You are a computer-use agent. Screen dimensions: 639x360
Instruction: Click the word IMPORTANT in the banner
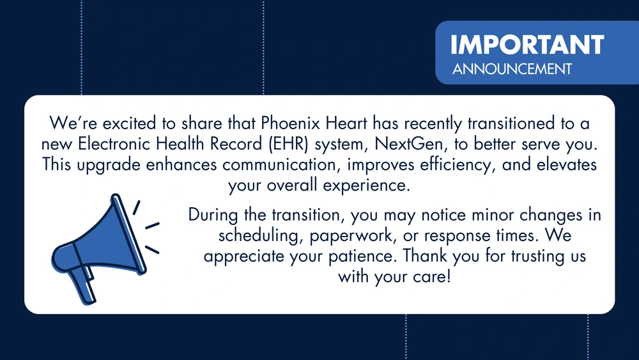click(x=527, y=44)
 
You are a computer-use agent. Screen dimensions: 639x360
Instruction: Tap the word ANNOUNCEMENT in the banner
click(x=512, y=69)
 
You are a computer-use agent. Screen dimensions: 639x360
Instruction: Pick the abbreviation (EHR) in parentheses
click(x=289, y=144)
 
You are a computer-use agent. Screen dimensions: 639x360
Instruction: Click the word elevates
click(x=567, y=165)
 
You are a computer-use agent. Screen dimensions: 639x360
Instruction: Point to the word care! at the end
click(x=431, y=277)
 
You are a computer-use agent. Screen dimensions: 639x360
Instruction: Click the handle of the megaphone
click(x=82, y=285)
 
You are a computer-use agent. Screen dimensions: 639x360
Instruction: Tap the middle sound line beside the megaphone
click(x=152, y=226)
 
